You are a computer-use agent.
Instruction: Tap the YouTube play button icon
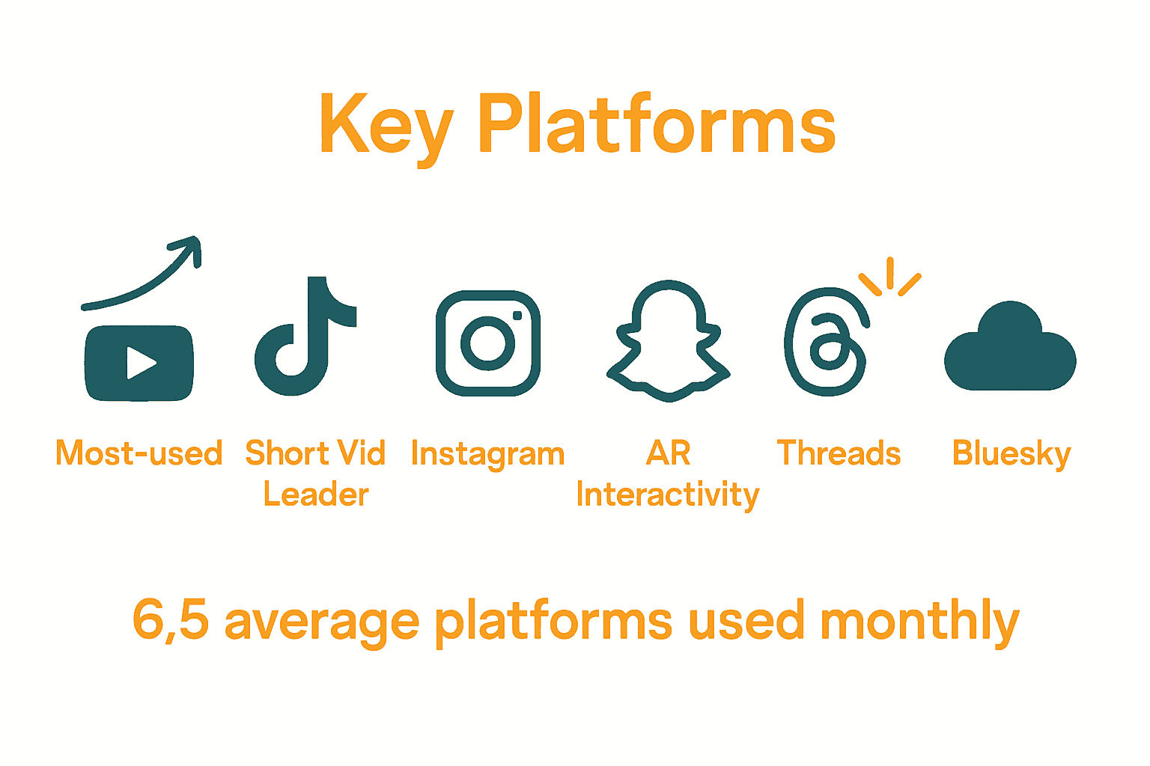[x=139, y=364]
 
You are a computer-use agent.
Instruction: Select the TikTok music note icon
[x=303, y=337]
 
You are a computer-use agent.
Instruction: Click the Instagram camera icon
[x=488, y=343]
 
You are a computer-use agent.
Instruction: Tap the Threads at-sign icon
[x=825, y=342]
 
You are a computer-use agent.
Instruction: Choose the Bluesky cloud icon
[x=1010, y=348]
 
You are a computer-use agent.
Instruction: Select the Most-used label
[x=139, y=453]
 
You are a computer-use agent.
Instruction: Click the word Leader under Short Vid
[x=316, y=494]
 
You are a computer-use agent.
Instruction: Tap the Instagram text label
[x=487, y=454]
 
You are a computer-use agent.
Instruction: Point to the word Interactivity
[x=668, y=495]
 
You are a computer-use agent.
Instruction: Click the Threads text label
[x=839, y=453]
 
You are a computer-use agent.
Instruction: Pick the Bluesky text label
[x=1011, y=454]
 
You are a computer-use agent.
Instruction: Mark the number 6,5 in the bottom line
[x=170, y=620]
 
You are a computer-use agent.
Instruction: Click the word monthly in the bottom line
[x=919, y=620]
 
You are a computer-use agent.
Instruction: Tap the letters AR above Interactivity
[x=668, y=453]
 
